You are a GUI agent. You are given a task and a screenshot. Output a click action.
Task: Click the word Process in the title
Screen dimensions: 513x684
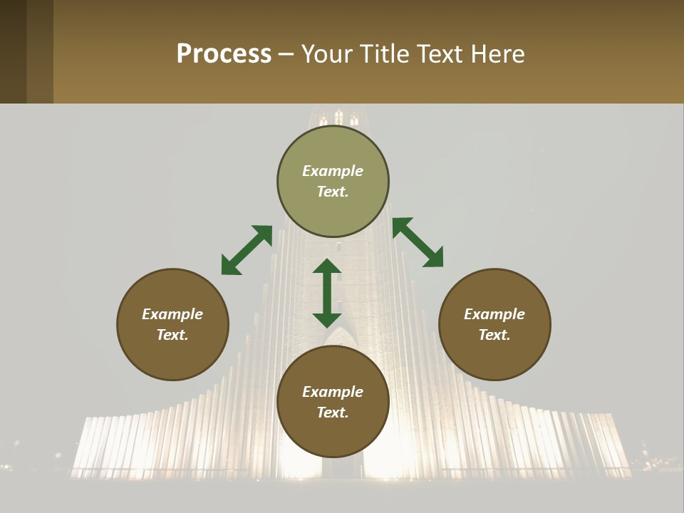tap(224, 54)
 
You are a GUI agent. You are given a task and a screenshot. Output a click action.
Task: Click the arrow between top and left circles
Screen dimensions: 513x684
tap(247, 250)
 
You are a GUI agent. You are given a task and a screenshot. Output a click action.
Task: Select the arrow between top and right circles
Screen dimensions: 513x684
tap(418, 243)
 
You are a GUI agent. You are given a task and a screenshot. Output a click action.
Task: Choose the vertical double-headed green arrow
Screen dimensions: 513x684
tap(327, 293)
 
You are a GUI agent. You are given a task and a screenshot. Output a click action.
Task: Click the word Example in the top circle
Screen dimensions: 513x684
tap(333, 171)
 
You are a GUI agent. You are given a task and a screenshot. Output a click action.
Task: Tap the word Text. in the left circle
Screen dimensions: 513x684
tap(172, 335)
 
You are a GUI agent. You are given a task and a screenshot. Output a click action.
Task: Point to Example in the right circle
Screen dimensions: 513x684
tap(494, 314)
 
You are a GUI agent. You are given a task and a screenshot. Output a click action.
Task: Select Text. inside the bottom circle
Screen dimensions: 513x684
tap(333, 413)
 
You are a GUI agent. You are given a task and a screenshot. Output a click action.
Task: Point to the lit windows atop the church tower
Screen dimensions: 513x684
tap(338, 118)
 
